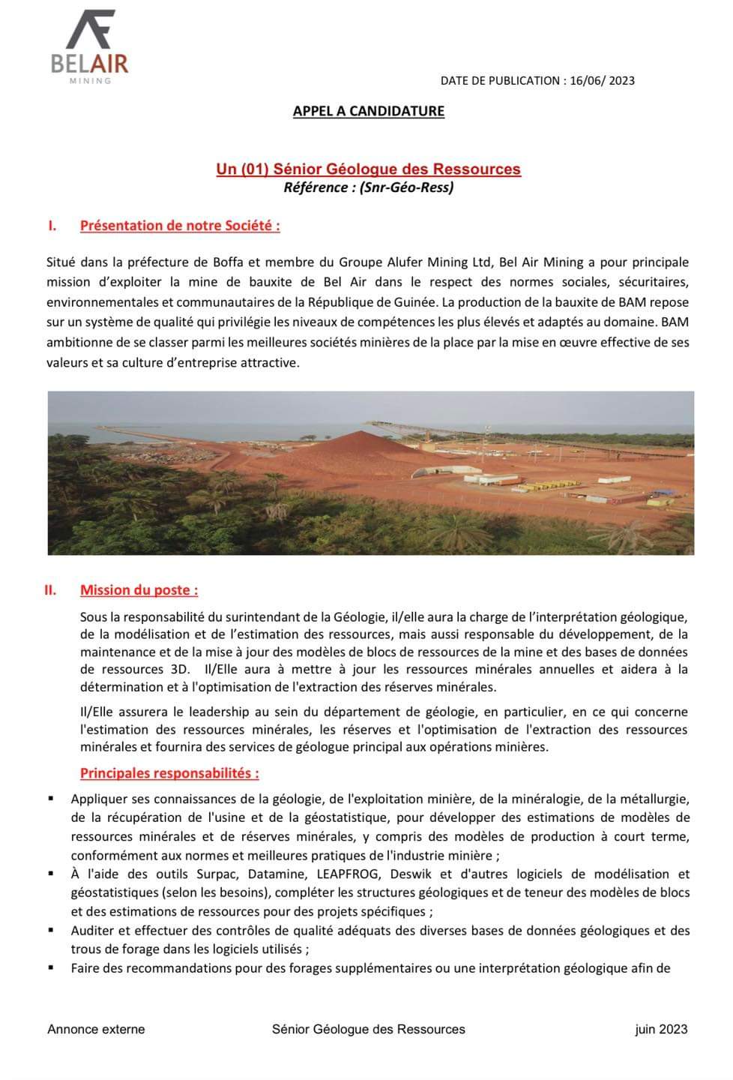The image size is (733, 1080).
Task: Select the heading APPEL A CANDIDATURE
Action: (368, 112)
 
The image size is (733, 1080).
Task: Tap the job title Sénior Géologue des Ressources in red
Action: (368, 169)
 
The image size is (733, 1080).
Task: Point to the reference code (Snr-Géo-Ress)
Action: (406, 187)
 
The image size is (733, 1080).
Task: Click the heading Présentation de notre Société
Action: (180, 226)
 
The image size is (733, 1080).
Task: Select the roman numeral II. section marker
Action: (50, 590)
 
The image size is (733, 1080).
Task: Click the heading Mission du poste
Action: (139, 590)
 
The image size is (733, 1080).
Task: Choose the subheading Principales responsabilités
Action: (169, 773)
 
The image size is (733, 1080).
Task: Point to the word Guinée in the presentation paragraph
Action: (416, 302)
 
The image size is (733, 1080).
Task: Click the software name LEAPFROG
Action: (349, 874)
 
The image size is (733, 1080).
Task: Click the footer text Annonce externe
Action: (96, 1030)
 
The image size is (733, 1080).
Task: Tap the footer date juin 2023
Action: (660, 1030)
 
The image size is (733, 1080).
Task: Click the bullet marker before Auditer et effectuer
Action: (51, 931)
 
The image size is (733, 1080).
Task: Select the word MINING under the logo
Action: (90, 80)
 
